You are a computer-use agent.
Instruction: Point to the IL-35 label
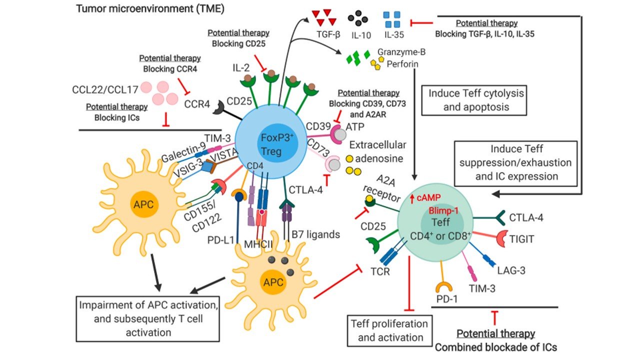(x=394, y=35)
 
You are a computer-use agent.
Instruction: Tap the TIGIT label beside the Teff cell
(x=521, y=239)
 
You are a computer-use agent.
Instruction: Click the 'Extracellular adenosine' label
(x=378, y=151)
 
